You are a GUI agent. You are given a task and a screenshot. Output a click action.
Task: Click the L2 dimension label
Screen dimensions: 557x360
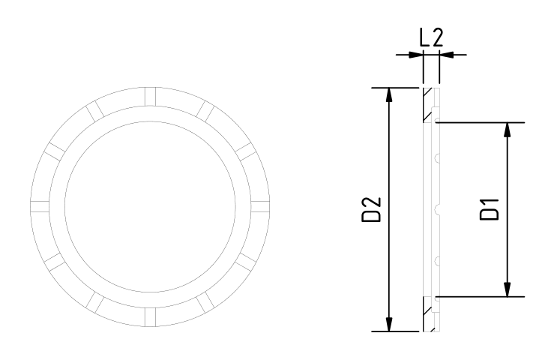click(x=432, y=37)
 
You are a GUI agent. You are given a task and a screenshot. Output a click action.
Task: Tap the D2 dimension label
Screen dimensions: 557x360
click(x=371, y=210)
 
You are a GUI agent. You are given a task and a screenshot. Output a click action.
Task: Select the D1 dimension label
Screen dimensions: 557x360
click(x=490, y=209)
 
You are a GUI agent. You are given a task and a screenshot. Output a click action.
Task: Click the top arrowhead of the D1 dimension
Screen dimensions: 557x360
click(x=508, y=129)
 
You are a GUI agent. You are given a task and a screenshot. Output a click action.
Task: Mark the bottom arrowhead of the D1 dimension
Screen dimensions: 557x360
click(x=508, y=289)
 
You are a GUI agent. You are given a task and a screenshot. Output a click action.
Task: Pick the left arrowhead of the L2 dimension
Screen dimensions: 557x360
click(x=416, y=55)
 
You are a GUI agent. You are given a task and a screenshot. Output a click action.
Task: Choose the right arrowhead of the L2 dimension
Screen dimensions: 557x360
click(x=447, y=55)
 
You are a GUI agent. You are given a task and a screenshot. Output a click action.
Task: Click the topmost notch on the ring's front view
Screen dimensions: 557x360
click(x=150, y=97)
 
